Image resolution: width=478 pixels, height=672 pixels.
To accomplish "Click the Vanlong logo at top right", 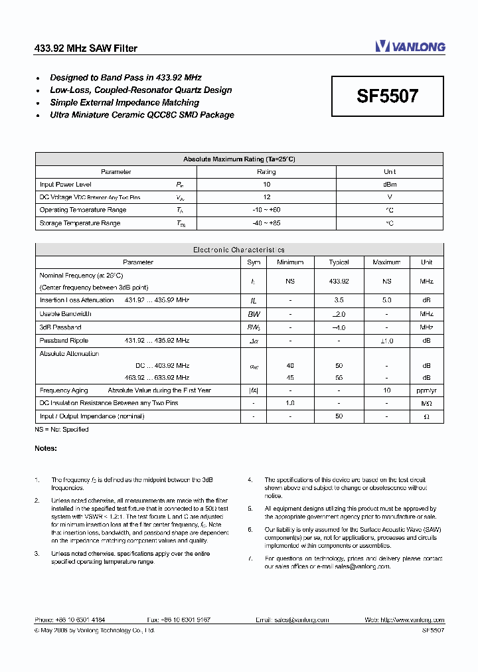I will [x=410, y=46].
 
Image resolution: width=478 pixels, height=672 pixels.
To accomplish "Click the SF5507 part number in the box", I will [x=388, y=96].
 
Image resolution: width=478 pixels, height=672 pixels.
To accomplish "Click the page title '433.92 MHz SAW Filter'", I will [x=86, y=48].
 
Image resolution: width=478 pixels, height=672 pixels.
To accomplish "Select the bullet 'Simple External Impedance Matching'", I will [x=124, y=102].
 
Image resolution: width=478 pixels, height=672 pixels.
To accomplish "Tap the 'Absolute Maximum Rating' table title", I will [x=239, y=159].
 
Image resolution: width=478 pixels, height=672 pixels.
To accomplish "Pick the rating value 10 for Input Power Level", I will [x=266, y=185].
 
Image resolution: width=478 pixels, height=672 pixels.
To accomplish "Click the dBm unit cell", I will [x=390, y=185].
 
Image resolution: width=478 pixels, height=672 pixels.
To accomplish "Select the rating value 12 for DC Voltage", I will [x=266, y=197].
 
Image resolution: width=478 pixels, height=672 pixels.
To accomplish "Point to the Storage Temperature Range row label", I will [x=80, y=223].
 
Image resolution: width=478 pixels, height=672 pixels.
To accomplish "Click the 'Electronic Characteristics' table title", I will [x=239, y=250].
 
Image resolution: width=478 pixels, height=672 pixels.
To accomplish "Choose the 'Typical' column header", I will [x=339, y=262].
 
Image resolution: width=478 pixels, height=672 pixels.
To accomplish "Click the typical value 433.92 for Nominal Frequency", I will [x=339, y=282].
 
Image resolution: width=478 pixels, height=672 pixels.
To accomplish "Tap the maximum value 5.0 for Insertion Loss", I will [x=386, y=300].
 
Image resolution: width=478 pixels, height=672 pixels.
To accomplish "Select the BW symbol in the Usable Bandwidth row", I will [x=254, y=313].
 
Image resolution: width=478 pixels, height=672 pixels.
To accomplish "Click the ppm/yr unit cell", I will [x=426, y=390].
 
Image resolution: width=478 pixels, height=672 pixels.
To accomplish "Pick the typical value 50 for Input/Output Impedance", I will [x=339, y=416].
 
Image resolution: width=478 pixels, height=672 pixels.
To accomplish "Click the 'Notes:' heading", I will [x=46, y=448].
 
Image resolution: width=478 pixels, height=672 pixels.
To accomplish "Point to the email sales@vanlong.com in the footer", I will [x=303, y=620].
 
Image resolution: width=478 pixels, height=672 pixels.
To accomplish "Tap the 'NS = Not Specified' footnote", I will [x=62, y=430].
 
